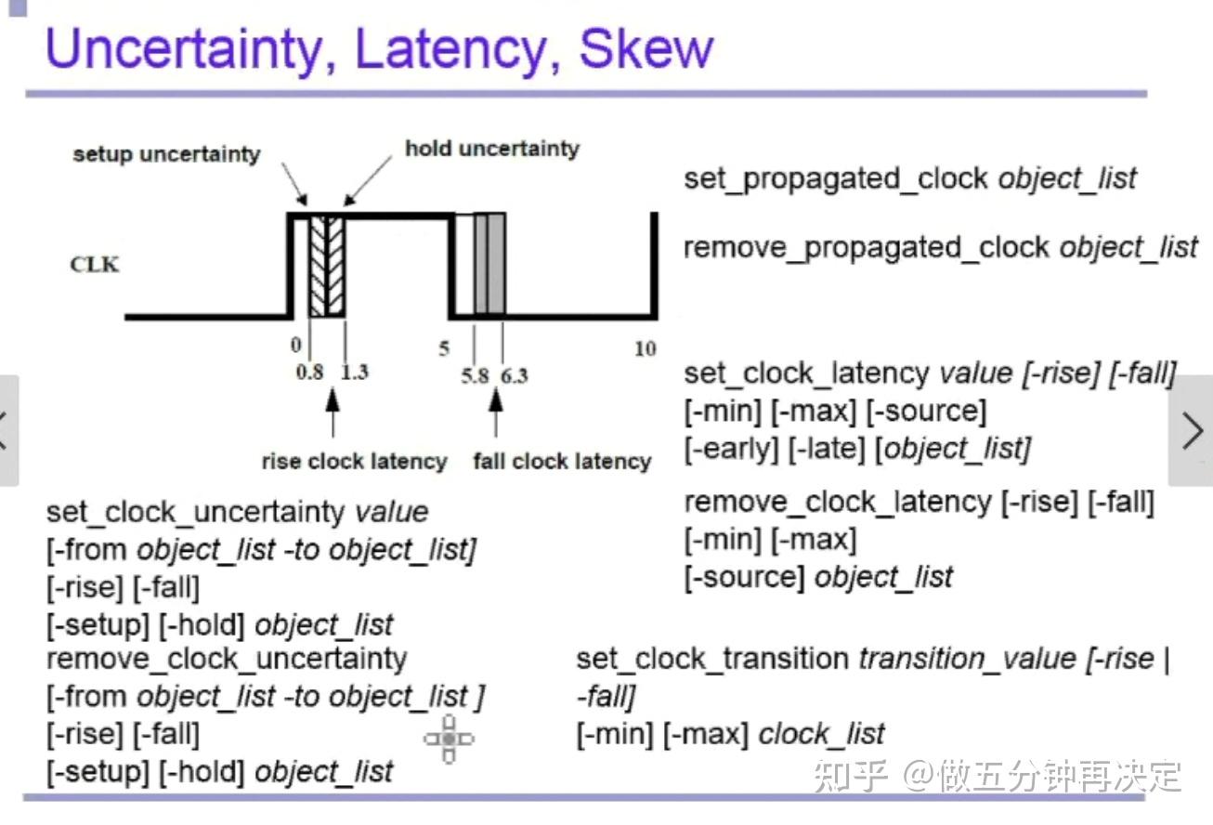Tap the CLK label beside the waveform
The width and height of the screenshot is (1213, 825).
pyautogui.click(x=96, y=265)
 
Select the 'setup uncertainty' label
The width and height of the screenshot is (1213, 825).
pyautogui.click(x=167, y=154)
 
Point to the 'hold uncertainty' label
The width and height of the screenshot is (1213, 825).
pyautogui.click(x=492, y=149)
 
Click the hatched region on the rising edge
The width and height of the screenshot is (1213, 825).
pyautogui.click(x=327, y=267)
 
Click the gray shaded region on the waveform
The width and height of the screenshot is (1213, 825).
pyautogui.click(x=490, y=264)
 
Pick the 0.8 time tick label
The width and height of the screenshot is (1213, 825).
pyautogui.click(x=310, y=373)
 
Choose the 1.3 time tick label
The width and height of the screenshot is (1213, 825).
pyautogui.click(x=354, y=373)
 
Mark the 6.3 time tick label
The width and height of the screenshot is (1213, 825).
pyautogui.click(x=513, y=375)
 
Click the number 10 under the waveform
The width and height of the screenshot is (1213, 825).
pyautogui.click(x=645, y=349)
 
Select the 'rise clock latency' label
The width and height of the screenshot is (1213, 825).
pyautogui.click(x=354, y=462)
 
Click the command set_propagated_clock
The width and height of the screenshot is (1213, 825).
pyautogui.click(x=837, y=178)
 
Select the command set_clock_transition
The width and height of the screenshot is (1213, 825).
pyautogui.click(x=712, y=659)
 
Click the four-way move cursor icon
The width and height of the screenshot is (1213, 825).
pyautogui.click(x=449, y=739)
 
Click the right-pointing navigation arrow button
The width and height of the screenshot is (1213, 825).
pyautogui.click(x=1192, y=431)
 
